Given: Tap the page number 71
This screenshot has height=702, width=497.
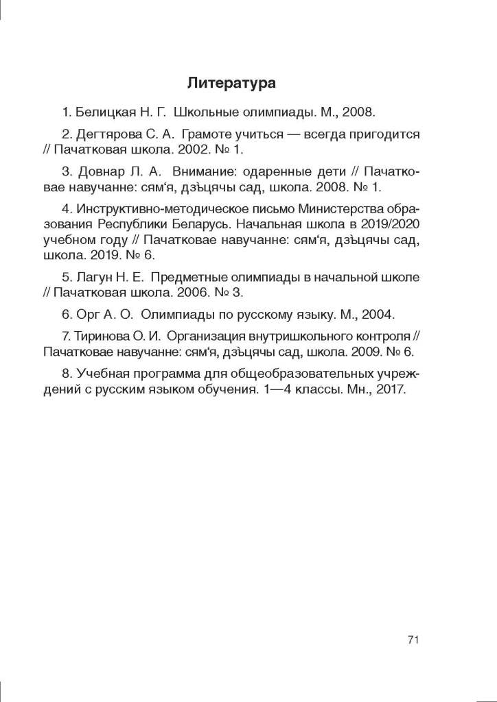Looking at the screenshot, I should click(413, 640).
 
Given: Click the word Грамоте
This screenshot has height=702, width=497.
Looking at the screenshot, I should click(209, 134).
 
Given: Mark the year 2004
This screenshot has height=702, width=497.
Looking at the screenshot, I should click(376, 315).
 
